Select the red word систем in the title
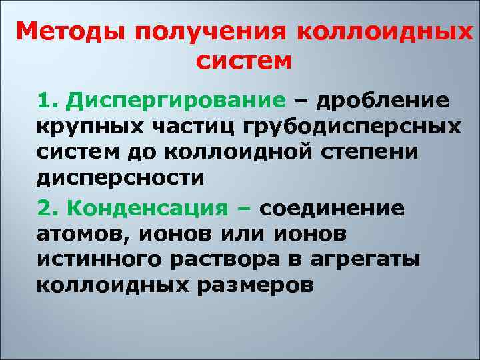[x=245, y=61]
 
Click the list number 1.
[x=46, y=101]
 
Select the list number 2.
[x=46, y=207]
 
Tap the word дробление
[x=383, y=101]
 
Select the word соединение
[x=331, y=207]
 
